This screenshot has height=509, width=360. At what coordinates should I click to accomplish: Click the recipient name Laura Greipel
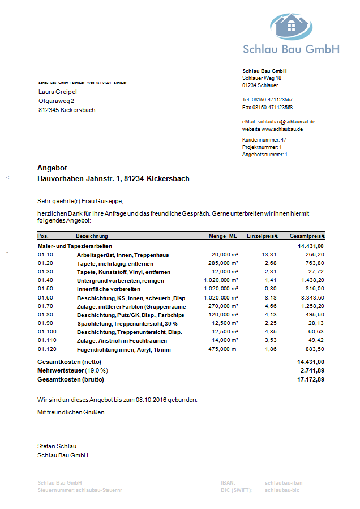pos(58,92)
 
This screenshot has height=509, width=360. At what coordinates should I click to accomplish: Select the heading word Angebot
pos(52,168)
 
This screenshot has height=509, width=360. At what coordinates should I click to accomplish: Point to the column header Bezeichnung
pos(92,236)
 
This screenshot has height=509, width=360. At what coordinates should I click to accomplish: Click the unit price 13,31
pos(269,255)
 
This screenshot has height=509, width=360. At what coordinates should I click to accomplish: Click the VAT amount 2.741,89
pos(312,370)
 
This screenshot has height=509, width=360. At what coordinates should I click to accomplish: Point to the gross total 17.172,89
pos(311,379)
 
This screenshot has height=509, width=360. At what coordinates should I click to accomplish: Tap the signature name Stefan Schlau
pos(57,446)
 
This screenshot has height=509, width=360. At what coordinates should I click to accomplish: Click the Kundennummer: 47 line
pos(264,139)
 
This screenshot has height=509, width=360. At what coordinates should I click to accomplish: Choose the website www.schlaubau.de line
pos(273,129)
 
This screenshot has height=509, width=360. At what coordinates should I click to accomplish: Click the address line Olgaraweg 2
pos(56,101)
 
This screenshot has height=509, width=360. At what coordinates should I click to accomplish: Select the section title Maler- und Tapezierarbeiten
pos(75,246)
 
